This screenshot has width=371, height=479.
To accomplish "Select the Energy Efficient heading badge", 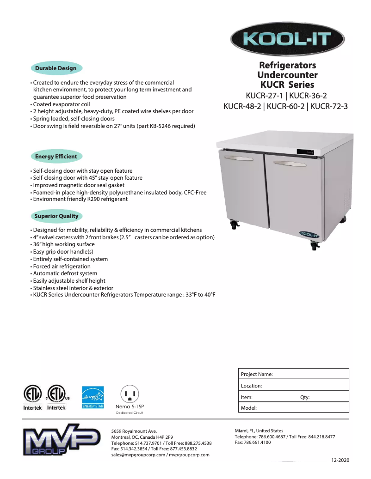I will pos(56,157).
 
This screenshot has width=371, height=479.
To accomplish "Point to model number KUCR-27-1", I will pos(265,96).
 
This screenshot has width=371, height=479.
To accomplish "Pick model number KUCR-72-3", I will pos(329,107).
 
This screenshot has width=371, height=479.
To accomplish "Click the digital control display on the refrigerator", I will pos(304,152).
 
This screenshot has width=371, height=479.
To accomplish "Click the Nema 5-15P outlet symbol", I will pos(130,394).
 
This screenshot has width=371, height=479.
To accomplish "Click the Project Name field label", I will pos(257,374).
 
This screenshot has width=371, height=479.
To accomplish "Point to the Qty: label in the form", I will pos(305,397).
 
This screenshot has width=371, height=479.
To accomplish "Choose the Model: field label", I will pos(249,408).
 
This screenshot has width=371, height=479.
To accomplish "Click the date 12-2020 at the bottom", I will pos(340,461).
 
